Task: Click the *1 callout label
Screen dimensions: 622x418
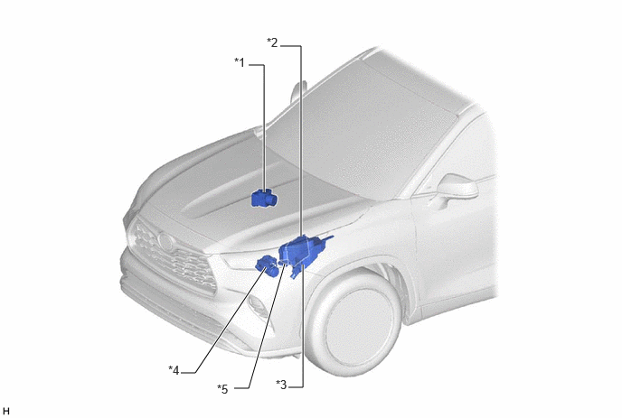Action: click(x=240, y=62)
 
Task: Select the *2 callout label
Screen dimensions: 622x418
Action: click(x=272, y=42)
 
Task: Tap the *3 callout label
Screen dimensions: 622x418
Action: click(x=281, y=384)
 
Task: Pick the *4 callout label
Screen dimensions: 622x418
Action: click(x=174, y=370)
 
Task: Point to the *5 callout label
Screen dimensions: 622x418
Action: click(x=222, y=389)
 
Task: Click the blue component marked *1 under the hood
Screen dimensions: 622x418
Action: click(x=265, y=198)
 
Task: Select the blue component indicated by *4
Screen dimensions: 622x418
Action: click(x=268, y=265)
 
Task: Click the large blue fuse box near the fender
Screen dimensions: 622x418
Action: click(x=301, y=253)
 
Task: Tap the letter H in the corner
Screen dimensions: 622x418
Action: click(x=5, y=411)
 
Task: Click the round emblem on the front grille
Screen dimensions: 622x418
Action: click(x=165, y=241)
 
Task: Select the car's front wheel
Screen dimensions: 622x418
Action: click(x=354, y=324)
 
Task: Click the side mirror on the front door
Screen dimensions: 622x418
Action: click(x=457, y=187)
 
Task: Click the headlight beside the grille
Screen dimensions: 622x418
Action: click(x=238, y=261)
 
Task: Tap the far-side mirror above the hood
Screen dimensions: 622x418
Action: click(x=298, y=91)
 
